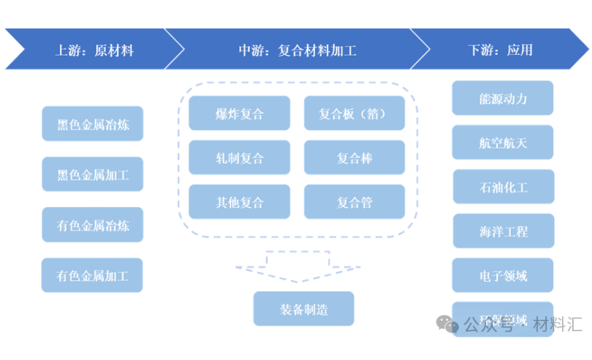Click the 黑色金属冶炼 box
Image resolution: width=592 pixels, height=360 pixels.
point(92,124)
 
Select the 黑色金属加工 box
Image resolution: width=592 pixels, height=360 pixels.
point(92,175)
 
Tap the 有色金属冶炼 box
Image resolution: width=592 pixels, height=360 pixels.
point(92,225)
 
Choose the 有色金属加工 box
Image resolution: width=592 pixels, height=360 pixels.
point(92,275)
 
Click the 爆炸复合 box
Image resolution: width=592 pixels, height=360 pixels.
point(239,113)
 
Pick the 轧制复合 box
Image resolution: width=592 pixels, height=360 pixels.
point(239,158)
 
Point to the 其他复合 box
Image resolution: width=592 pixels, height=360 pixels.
point(239,202)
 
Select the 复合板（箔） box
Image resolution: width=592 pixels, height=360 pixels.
point(354,113)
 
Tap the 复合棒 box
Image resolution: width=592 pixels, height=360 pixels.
point(354,158)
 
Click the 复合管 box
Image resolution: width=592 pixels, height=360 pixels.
point(354,202)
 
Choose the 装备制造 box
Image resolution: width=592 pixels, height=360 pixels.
point(303,309)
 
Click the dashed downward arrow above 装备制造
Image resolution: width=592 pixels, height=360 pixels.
point(298,266)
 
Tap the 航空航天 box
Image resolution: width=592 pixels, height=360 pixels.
point(503,143)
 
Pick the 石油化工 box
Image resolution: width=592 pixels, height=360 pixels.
point(503,187)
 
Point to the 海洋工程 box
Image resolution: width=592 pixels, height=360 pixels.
point(503,231)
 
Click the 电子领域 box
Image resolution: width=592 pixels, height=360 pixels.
point(503,275)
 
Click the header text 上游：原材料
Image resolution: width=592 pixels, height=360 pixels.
point(94,50)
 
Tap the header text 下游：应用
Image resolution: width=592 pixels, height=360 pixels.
point(500,50)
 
